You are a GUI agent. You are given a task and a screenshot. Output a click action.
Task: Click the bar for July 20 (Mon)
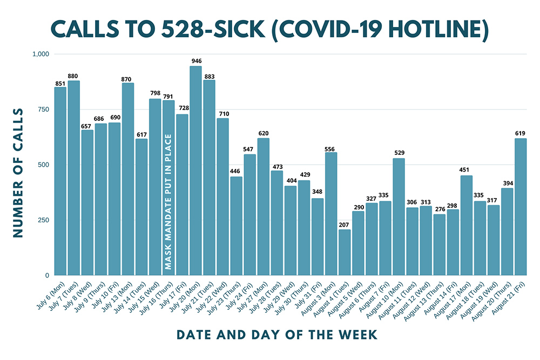(195, 171)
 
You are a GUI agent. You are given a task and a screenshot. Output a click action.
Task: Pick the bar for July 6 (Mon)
(60, 181)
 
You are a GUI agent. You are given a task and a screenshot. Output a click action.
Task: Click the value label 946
(195, 62)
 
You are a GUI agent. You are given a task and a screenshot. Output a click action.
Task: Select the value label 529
(399, 154)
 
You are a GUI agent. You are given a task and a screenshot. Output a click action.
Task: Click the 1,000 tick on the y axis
(40, 54)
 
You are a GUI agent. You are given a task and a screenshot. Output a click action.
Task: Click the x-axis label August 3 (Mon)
(320, 294)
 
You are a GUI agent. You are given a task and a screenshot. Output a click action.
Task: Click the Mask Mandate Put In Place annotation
(168, 202)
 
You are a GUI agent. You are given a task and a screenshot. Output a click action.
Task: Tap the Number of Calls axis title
(17, 173)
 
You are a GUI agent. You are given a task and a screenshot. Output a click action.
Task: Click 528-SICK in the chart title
(207, 31)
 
